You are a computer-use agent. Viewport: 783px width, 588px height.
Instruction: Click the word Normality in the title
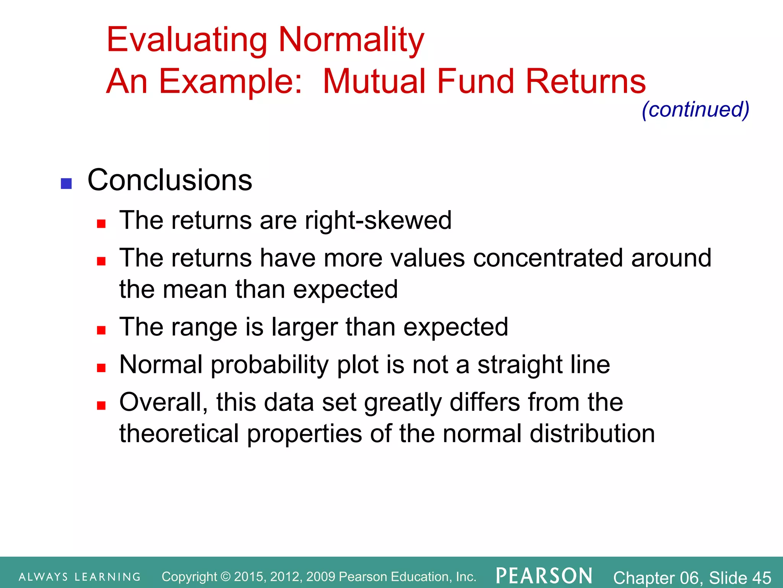pyautogui.click(x=351, y=40)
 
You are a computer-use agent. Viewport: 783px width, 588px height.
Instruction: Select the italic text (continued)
pyautogui.click(x=695, y=110)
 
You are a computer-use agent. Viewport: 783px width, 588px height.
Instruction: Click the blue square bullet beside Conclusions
pyautogui.click(x=67, y=184)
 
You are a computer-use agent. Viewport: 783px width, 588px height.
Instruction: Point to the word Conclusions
pyautogui.click(x=170, y=180)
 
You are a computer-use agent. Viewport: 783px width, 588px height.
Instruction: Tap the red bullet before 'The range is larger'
pyautogui.click(x=101, y=330)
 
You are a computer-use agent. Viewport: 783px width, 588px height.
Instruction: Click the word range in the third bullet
pyautogui.click(x=205, y=328)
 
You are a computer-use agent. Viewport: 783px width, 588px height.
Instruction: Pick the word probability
pyautogui.click(x=270, y=365)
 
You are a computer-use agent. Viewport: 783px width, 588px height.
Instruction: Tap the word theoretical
pyautogui.click(x=179, y=434)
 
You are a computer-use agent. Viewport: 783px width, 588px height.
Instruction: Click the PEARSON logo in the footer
pyautogui.click(x=544, y=576)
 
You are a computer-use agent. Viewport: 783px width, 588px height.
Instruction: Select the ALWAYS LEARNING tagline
pyautogui.click(x=80, y=577)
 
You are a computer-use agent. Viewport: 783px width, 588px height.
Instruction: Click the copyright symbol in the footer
pyautogui.click(x=226, y=577)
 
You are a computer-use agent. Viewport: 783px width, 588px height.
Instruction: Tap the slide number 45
pyautogui.click(x=762, y=578)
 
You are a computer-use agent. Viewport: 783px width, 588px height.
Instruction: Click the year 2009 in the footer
pyautogui.click(x=320, y=577)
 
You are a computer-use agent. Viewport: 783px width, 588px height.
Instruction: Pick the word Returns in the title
pyautogui.click(x=585, y=82)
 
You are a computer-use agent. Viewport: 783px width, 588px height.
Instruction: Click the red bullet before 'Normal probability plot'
pyautogui.click(x=101, y=368)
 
